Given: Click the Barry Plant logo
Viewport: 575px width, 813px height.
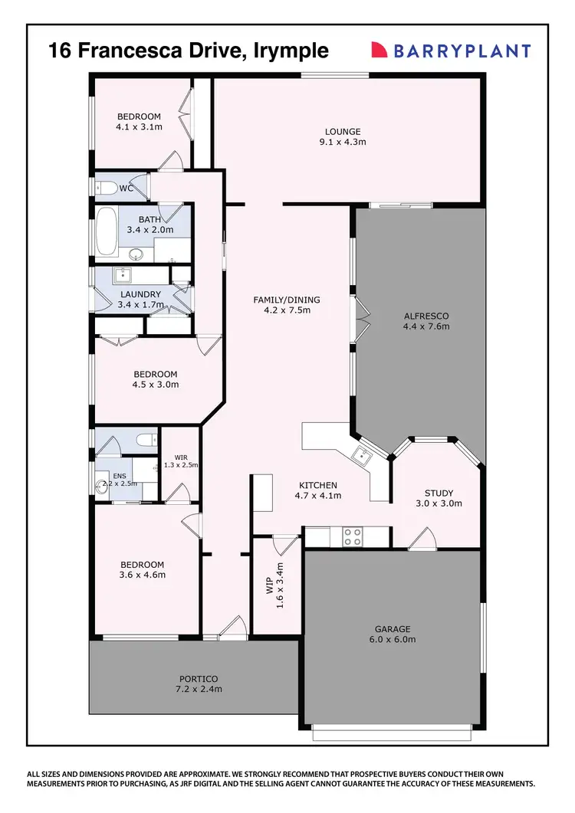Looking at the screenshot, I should coord(451,51).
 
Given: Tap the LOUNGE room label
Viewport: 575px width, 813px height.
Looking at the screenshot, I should coord(342,132).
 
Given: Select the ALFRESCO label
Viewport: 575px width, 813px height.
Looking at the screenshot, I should coord(426,316).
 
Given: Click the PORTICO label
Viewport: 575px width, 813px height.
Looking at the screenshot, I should coord(199,679).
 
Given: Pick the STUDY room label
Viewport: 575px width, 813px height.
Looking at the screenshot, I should coord(439,493).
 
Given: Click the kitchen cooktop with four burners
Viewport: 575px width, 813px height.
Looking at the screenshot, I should coord(352,536).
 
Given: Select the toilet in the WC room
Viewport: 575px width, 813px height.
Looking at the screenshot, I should coord(107,187).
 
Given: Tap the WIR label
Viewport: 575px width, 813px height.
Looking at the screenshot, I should coord(181,457).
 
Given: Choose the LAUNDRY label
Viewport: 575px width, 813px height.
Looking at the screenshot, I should coord(140,294).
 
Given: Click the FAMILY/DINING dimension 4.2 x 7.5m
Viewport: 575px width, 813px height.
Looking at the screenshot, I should coord(286,310).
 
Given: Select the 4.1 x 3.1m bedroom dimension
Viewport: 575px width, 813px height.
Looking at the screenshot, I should coord(139,126).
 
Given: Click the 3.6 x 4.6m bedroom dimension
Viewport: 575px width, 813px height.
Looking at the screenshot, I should coord(143,574).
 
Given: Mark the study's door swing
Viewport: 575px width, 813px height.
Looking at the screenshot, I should coord(420,543).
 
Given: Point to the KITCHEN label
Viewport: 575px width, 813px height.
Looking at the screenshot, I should coord(317,485).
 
